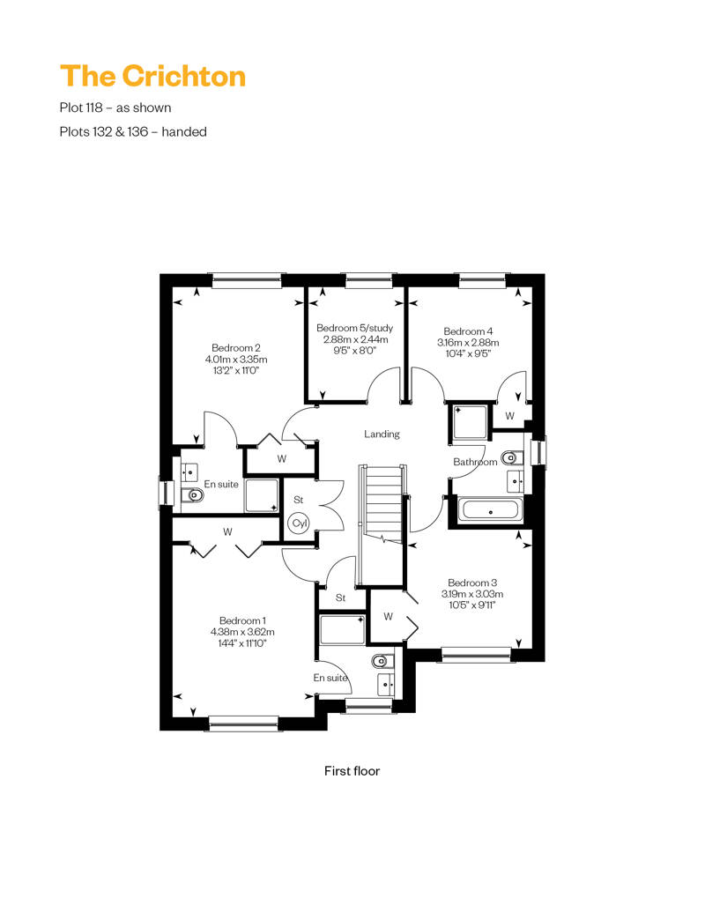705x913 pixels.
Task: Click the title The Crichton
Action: tap(152, 77)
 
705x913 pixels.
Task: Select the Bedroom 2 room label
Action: tap(236, 348)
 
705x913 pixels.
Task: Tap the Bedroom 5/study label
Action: tap(354, 329)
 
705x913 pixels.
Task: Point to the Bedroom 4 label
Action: tap(468, 331)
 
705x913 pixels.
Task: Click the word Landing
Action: tap(382, 434)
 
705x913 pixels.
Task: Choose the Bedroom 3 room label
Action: tap(472, 583)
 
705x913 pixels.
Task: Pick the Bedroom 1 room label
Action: tap(242, 620)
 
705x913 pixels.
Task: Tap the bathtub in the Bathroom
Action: tap(490, 511)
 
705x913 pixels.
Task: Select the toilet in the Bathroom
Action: tap(511, 457)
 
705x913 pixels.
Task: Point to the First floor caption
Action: tap(352, 771)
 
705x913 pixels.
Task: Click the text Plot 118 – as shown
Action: tap(115, 108)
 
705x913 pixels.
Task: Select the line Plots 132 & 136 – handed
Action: tap(133, 131)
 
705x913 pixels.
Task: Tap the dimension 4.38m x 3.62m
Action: tap(242, 632)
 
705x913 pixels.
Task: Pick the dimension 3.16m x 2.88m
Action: tap(468, 342)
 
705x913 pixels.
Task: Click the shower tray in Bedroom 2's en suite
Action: tap(262, 495)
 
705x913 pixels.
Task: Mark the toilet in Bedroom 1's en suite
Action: tap(380, 661)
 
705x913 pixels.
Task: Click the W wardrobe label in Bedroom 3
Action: tap(389, 617)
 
